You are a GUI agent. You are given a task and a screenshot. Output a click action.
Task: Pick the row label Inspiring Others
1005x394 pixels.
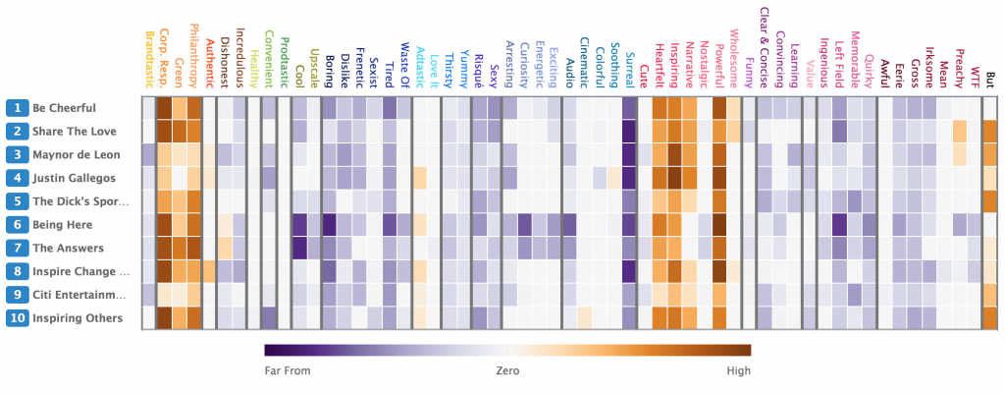pos(78,319)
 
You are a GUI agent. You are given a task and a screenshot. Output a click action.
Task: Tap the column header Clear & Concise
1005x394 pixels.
pos(764,47)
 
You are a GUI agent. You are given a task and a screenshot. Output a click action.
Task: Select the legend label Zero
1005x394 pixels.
pos(506,370)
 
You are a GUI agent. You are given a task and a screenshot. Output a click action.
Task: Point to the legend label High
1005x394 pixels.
pos(737,370)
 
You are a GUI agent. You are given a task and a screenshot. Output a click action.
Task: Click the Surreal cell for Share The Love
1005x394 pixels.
pos(629,131)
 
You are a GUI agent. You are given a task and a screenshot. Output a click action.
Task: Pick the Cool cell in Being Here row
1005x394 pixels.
pos(299,225)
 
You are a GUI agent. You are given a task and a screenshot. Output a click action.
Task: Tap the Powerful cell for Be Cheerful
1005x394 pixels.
pos(719,107)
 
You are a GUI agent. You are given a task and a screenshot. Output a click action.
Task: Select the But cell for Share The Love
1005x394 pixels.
pos(989,131)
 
